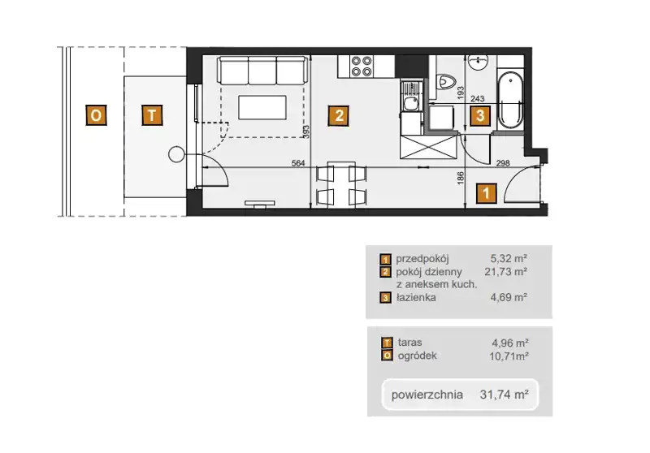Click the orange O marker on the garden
[x=96, y=115]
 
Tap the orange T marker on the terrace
[x=152, y=115]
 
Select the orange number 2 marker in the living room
[x=339, y=115]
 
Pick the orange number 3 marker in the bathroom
[x=480, y=115]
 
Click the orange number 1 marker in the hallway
[x=486, y=193]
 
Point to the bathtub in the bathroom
[x=510, y=100]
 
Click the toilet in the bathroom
[x=446, y=81]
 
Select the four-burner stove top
[x=362, y=67]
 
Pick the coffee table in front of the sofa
[x=262, y=107]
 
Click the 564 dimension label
[x=298, y=163]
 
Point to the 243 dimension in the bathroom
[x=478, y=98]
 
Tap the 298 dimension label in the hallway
[x=503, y=163]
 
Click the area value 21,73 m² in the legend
[x=505, y=272]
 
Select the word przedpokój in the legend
[x=422, y=259]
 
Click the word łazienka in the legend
[x=416, y=297]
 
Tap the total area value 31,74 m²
[x=504, y=395]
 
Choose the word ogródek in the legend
[x=417, y=356]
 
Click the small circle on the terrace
[x=175, y=154]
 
